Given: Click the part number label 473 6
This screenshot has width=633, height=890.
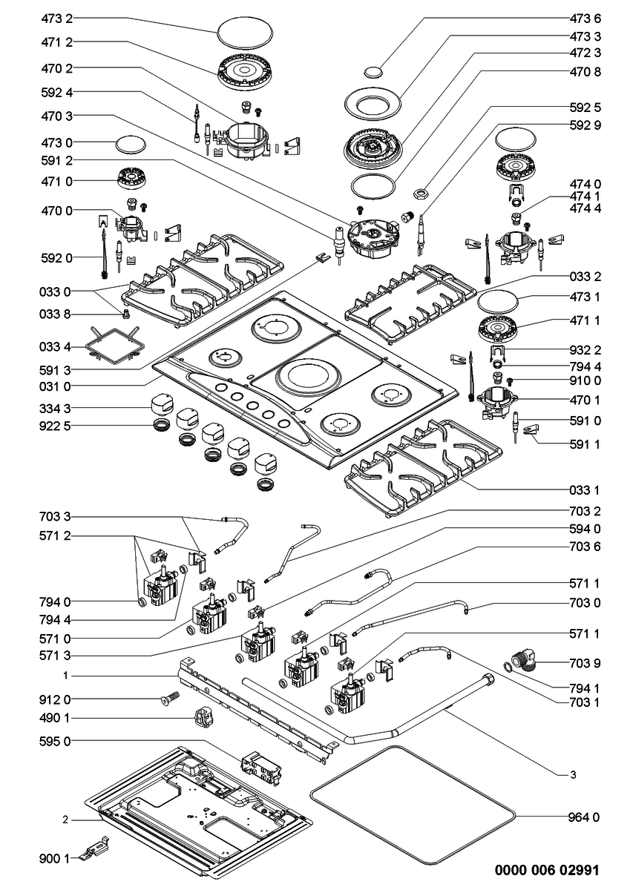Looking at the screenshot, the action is coord(585,19).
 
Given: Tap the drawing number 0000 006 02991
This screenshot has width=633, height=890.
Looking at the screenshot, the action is coord(547,869).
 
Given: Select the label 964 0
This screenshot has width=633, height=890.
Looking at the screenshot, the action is coord(583,817).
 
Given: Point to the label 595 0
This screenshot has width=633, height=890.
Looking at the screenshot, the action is coord(55,742).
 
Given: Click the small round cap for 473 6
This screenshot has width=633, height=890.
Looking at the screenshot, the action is coord(373,71).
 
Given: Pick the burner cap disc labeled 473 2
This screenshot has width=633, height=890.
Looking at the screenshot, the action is coord(246,33).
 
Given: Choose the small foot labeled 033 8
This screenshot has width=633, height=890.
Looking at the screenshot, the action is coord(125,314).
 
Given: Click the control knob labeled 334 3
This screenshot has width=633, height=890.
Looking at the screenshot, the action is coord(163,404).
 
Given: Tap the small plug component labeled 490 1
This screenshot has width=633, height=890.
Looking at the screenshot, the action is coord(204,717).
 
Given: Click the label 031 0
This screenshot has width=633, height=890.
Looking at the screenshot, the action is coord(55,386).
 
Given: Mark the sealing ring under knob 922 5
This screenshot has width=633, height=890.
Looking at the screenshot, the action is coord(163,426).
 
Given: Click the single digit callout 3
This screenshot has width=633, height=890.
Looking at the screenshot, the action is coord(573,774).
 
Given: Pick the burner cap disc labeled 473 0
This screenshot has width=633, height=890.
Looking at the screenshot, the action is coord(131,145).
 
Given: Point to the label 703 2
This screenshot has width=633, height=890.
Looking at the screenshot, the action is coord(585,511).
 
